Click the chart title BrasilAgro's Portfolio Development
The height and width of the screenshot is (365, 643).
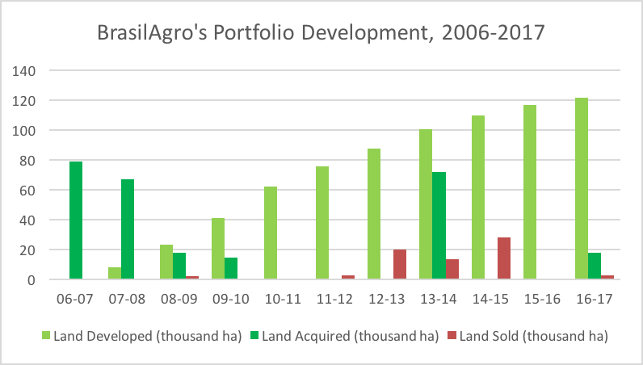[x=321, y=34]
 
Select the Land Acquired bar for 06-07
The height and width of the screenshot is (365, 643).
[x=76, y=220]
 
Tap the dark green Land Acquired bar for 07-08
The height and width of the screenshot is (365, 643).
[x=128, y=229]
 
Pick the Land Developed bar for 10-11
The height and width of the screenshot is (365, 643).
[x=271, y=233]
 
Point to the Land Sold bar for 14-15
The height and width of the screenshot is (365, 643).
[x=504, y=258]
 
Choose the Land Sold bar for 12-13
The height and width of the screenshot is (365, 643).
[x=400, y=265]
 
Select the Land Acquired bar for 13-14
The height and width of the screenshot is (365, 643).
[x=439, y=226]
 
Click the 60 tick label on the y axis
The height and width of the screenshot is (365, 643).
[x=29, y=191]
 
